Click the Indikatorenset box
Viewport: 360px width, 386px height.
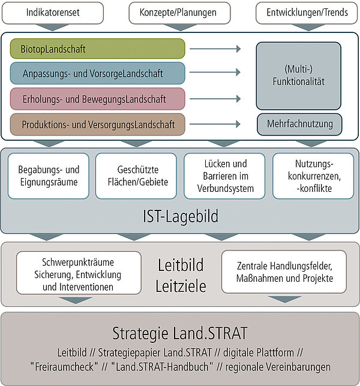tap(53, 13)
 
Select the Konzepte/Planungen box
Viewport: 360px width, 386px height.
tap(179, 13)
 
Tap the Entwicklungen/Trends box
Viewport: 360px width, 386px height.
tap(307, 13)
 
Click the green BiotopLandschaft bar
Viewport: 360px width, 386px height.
tap(98, 49)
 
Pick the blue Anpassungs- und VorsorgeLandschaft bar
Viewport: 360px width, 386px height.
tap(98, 73)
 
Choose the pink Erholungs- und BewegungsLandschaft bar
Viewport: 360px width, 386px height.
tap(98, 99)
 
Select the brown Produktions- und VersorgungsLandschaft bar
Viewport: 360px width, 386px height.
tap(98, 124)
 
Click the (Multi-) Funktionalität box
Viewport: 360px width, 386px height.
tap(299, 76)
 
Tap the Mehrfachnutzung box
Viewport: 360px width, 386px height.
tap(299, 124)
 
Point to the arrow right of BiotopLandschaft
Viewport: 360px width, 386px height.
tap(215, 49)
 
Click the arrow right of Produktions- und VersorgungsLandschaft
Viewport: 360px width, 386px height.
tap(215, 124)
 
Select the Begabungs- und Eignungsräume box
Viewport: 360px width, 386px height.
tap(49, 176)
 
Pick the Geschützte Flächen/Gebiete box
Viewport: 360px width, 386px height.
tap(136, 176)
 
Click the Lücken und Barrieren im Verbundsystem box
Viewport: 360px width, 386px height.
tap(225, 176)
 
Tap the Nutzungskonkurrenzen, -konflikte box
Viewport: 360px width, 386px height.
tap(313, 176)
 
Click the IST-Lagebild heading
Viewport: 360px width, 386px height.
tap(181, 216)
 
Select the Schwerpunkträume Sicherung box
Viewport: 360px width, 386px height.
tap(79, 273)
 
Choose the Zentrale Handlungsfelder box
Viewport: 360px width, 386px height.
tap(284, 272)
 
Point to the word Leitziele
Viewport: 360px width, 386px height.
tap(181, 286)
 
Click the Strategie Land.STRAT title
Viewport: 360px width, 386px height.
tap(180, 333)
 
